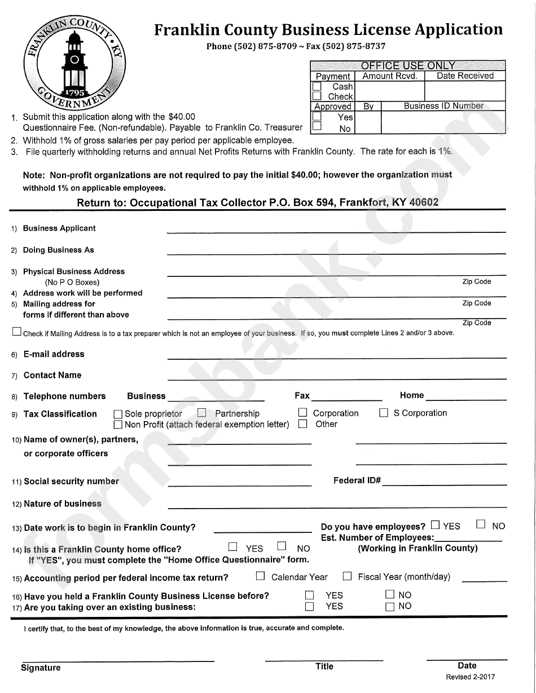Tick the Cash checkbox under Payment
(x=317, y=87)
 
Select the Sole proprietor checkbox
(x=118, y=414)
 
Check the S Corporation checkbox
(x=384, y=413)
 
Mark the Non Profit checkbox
(x=118, y=425)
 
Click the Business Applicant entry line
(x=336, y=230)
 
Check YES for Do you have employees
(x=435, y=525)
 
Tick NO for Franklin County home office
(x=282, y=546)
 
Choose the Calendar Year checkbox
(x=260, y=576)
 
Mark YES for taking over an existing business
(x=309, y=607)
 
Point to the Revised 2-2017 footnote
(x=471, y=677)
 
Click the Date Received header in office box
(x=465, y=76)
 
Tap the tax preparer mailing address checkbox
(x=17, y=332)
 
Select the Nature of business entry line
(x=336, y=505)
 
